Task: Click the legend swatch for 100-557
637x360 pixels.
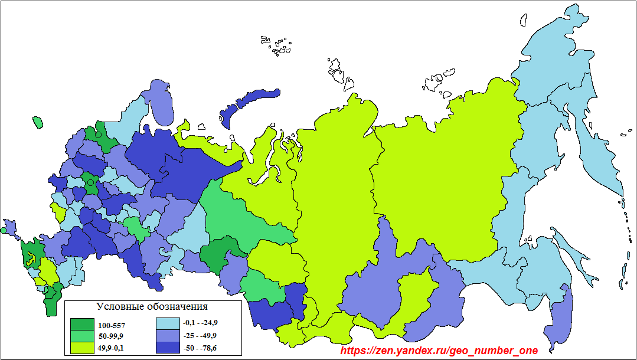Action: [x=81, y=325]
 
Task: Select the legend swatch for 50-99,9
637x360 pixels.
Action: [x=81, y=336]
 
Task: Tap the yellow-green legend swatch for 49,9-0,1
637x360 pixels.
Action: [x=81, y=348]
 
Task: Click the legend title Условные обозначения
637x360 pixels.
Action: [x=152, y=307]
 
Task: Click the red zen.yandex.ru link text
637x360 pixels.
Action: [x=439, y=351]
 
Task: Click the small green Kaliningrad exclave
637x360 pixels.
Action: [x=38, y=122]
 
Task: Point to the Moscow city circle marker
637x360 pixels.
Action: [x=90, y=183]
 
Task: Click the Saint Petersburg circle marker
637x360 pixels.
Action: [x=99, y=135]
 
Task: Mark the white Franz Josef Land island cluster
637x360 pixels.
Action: [x=277, y=45]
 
